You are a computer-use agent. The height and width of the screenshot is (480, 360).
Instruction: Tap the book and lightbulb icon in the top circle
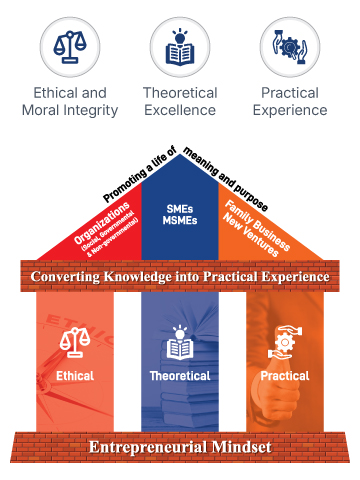pyautogui.click(x=180, y=47)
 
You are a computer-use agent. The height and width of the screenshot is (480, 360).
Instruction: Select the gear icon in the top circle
pyautogui.click(x=288, y=47)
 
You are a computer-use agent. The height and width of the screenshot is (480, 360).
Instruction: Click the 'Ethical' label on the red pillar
pyautogui.click(x=74, y=377)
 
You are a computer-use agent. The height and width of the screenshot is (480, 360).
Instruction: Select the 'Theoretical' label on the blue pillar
pyautogui.click(x=180, y=377)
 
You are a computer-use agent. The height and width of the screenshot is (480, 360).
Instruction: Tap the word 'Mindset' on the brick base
pyautogui.click(x=243, y=446)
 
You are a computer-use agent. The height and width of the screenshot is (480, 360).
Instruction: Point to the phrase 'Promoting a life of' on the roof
pyautogui.click(x=140, y=170)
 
